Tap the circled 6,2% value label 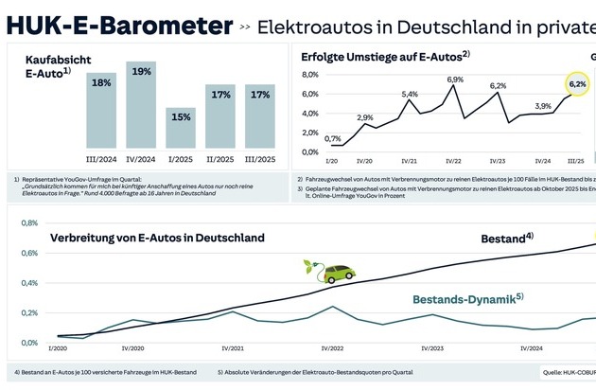click(577, 84)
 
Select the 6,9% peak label click(455, 80)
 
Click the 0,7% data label click(333, 139)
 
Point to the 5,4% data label click(410, 95)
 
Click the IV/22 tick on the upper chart click(454, 161)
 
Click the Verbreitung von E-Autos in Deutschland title click(157, 238)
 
